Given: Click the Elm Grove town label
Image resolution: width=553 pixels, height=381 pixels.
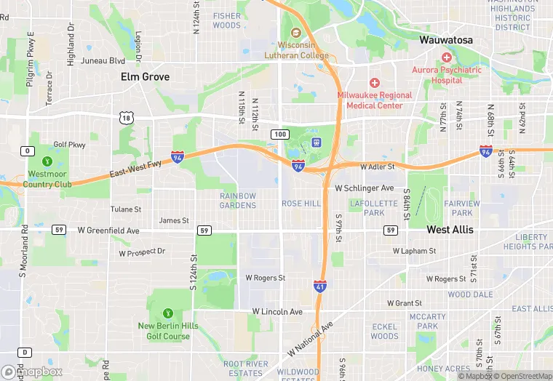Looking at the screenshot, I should click(x=145, y=76).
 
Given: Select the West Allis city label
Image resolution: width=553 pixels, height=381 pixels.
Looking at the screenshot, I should click(x=450, y=230).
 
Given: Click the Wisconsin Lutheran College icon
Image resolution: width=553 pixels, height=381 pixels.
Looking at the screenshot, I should click(x=295, y=33).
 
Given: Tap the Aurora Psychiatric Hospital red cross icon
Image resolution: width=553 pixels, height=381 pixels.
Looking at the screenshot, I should click(x=447, y=57).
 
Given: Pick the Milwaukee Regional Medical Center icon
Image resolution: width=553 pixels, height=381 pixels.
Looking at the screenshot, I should click(x=375, y=83).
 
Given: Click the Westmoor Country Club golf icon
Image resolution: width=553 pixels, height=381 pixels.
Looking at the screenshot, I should click(x=47, y=161).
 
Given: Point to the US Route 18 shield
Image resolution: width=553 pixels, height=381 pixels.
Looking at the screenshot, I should click(x=127, y=117).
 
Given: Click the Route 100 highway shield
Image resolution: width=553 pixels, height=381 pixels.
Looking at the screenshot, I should click(x=280, y=135).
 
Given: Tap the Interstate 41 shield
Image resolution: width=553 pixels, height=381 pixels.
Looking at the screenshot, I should click(x=321, y=286).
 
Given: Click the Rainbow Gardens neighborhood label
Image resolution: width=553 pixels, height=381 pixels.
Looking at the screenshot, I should click(x=238, y=200).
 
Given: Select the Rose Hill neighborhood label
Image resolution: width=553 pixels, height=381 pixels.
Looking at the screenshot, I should click(x=301, y=204).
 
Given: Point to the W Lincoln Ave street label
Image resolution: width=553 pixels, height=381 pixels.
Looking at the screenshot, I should click(x=277, y=311).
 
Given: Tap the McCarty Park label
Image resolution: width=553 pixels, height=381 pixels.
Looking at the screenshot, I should click(x=427, y=321).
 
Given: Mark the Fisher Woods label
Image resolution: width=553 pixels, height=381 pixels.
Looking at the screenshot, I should click(x=227, y=20).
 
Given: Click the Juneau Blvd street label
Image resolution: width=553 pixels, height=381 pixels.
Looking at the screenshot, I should click(x=103, y=61).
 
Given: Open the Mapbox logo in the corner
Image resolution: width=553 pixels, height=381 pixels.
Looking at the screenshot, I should click(x=32, y=372).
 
